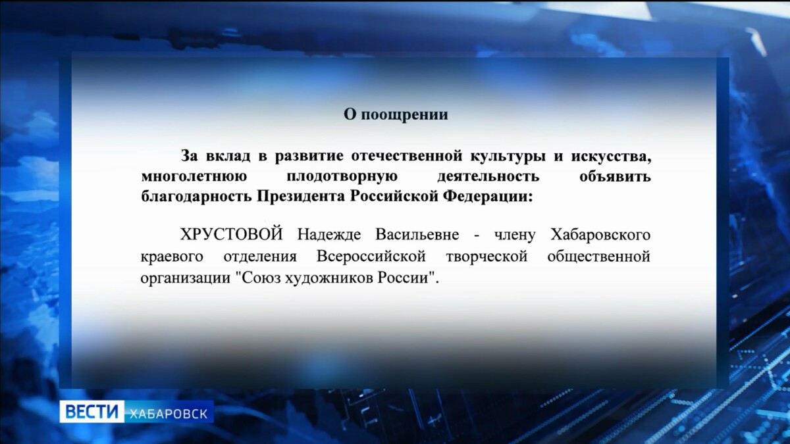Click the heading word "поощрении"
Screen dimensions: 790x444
tap(404, 115)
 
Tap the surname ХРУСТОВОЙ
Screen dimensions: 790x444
tap(231, 234)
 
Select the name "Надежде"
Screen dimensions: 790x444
tap(329, 235)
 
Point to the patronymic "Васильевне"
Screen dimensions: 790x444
tap(417, 235)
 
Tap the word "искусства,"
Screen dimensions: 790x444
tap(611, 157)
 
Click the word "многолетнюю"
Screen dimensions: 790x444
tap(194, 176)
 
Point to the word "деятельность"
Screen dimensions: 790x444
tap(488, 176)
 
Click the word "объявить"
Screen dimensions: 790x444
tap(615, 176)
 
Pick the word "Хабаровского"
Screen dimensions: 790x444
tap(600, 235)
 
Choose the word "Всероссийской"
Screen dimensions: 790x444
tap(371, 257)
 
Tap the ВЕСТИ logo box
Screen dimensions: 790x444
tap(92, 412)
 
